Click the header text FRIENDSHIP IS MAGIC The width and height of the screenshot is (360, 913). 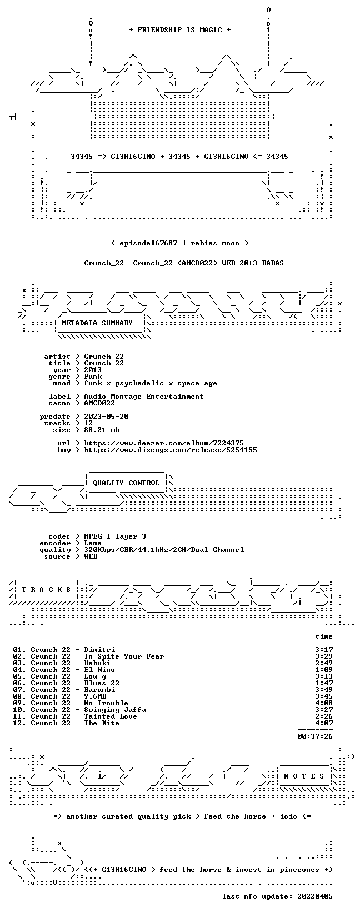click(180, 30)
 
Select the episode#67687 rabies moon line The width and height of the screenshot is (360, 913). click(180, 243)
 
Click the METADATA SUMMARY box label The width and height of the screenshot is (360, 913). click(97, 323)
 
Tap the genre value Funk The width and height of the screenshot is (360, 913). click(93, 377)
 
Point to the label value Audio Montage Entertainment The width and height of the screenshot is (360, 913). click(143, 397)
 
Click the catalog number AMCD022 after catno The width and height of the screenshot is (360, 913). click(99, 403)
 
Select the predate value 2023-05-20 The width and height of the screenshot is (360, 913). click(106, 417)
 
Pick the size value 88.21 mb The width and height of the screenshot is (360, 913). click(102, 430)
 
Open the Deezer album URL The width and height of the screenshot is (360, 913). click(164, 443)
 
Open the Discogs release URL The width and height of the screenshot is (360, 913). click(171, 450)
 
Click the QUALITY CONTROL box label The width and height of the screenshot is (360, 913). click(126, 483)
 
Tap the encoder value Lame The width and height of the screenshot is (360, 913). click(93, 543)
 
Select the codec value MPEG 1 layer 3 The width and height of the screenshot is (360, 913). click(115, 536)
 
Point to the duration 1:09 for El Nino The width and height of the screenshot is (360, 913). click(324, 670)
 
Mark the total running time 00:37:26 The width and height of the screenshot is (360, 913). click(315, 736)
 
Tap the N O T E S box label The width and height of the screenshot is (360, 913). click(304, 776)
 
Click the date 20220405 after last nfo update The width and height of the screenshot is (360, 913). click(315, 896)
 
